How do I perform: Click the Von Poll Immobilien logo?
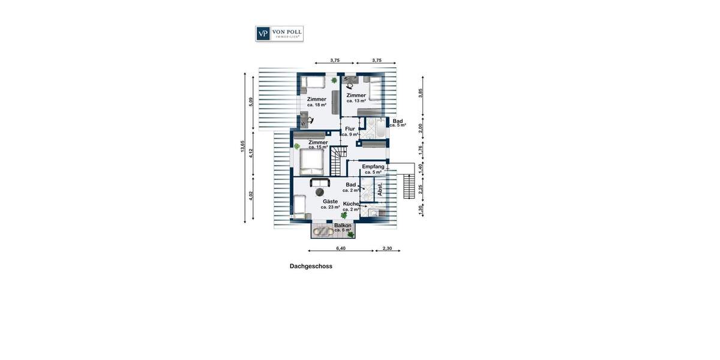[279, 34]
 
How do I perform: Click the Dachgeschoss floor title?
[311, 266]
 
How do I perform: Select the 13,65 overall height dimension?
[243, 147]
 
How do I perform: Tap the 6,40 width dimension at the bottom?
[341, 248]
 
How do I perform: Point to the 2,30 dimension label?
[388, 248]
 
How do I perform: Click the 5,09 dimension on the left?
[251, 102]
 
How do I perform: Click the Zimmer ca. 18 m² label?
[317, 102]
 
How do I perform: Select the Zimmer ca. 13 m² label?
[356, 98]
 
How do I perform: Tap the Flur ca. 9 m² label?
[350, 131]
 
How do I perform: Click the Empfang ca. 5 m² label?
[373, 169]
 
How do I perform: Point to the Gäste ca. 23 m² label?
[330, 204]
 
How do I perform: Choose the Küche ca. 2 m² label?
[351, 206]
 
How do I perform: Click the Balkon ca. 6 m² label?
[343, 227]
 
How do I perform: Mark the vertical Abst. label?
[380, 189]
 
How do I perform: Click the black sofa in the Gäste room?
[319, 182]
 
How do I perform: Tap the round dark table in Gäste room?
[320, 191]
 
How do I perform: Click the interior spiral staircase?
[337, 162]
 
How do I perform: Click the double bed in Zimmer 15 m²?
[311, 160]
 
